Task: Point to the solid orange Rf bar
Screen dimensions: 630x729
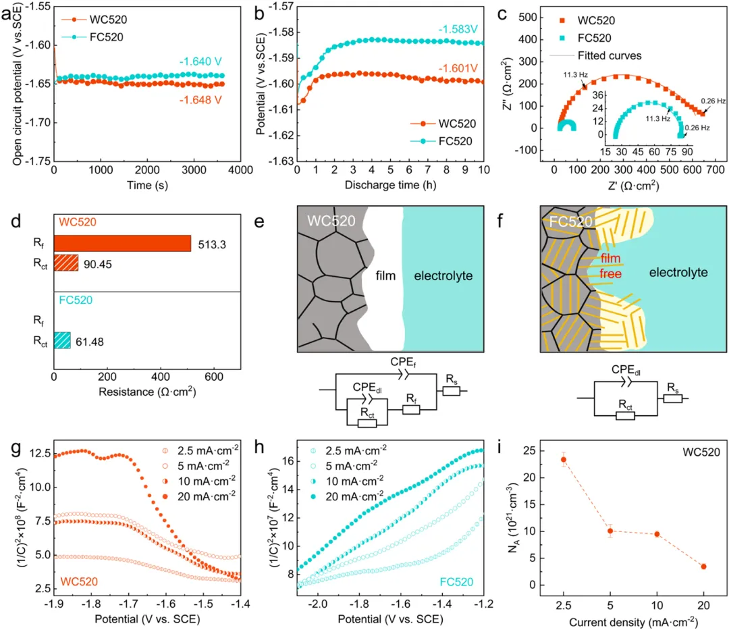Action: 122,243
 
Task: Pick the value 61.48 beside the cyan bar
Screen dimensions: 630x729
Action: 88,341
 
